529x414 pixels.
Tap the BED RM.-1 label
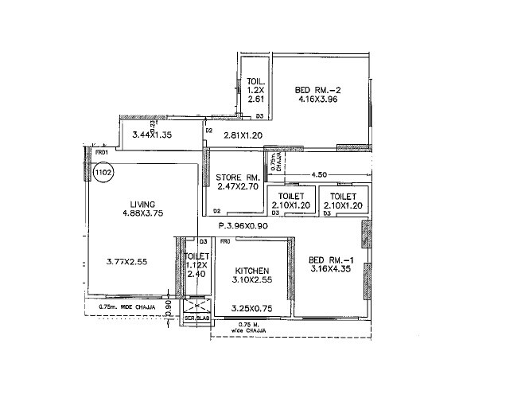pyautogui.click(x=326, y=260)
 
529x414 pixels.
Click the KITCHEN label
pyautogui.click(x=251, y=271)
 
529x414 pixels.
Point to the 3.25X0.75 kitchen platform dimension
pyautogui.click(x=251, y=307)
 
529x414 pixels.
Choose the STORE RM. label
pyautogui.click(x=239, y=177)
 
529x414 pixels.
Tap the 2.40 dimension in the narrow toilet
pyautogui.click(x=196, y=274)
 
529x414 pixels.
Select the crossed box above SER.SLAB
pyautogui.click(x=194, y=306)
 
